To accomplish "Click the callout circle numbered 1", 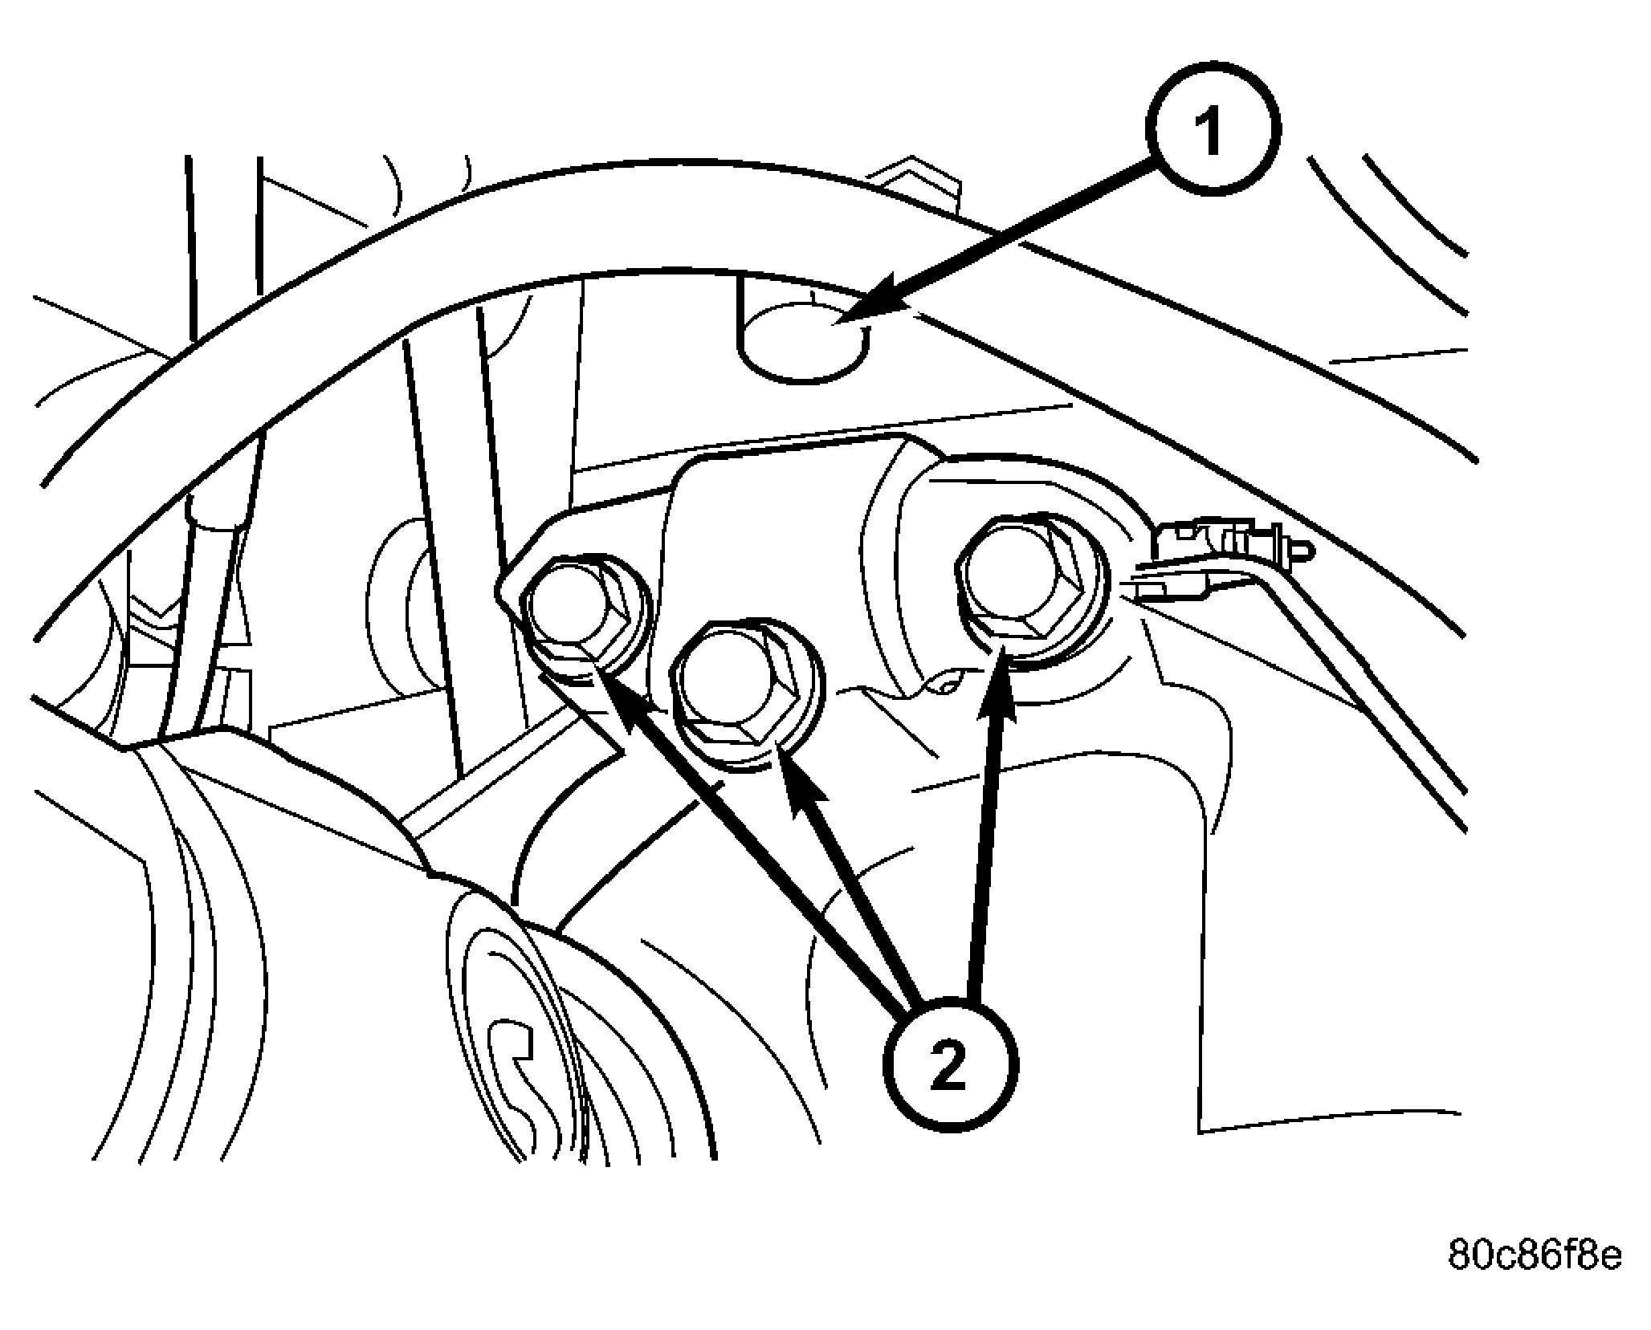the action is [1213, 127].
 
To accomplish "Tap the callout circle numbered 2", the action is [951, 1064].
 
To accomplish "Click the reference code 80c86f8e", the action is [1535, 1276].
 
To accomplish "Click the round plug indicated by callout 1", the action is [803, 345].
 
